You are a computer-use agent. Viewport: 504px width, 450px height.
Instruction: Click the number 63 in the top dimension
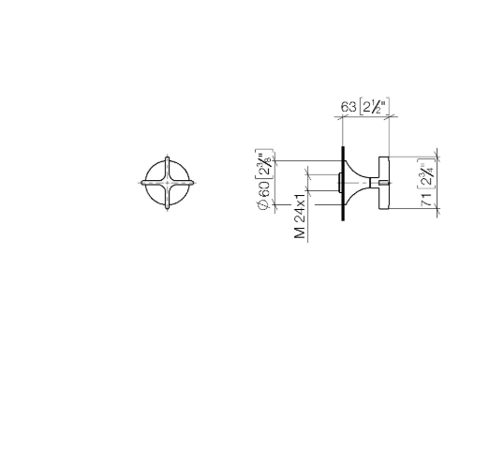[348, 107]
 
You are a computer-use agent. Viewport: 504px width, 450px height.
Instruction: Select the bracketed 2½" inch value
[375, 106]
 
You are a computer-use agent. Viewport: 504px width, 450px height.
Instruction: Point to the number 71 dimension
[427, 200]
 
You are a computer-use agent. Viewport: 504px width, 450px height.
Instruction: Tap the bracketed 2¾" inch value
[427, 174]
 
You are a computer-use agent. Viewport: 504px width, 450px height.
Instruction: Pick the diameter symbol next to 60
[263, 204]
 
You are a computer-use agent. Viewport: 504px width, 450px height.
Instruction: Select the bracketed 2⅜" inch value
[264, 164]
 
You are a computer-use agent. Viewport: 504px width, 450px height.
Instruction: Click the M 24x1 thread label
[299, 217]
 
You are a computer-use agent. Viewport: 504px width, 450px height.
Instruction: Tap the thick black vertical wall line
[343, 184]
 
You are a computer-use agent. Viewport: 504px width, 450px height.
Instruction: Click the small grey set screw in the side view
[384, 183]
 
